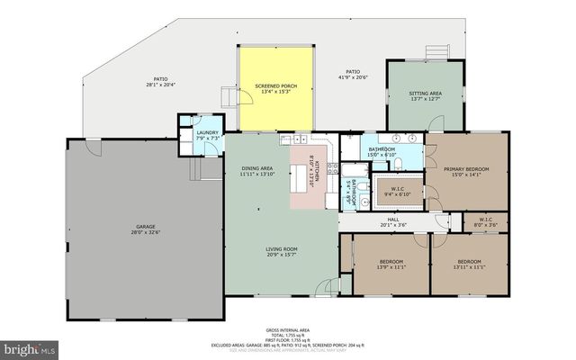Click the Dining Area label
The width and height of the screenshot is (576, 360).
point(256,171)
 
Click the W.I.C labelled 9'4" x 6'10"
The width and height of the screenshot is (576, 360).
point(397,191)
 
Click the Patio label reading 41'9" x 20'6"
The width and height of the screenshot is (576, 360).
point(353,75)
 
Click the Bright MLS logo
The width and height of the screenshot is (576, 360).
point(29,347)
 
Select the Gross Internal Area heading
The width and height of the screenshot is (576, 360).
point(288,329)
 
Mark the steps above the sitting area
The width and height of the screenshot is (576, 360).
point(437,52)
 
